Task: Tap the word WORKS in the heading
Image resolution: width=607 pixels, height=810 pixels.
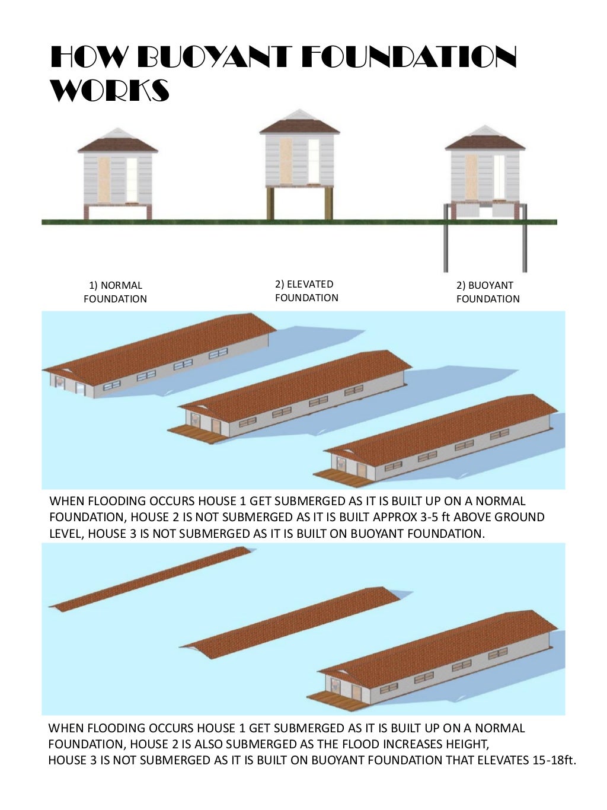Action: [110, 91]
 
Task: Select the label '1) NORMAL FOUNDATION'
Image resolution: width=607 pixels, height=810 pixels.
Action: [115, 292]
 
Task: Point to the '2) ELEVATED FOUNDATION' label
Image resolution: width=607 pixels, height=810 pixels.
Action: [306, 291]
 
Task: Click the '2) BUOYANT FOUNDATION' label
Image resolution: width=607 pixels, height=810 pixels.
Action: [487, 292]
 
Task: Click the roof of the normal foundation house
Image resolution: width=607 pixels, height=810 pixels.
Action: [118, 142]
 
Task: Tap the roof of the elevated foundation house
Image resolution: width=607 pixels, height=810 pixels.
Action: [299, 125]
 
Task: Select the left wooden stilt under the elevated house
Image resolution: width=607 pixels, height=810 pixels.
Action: [270, 203]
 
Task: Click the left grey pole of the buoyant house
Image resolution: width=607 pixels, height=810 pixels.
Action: [444, 237]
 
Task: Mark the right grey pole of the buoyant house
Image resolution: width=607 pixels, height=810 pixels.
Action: [524, 237]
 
